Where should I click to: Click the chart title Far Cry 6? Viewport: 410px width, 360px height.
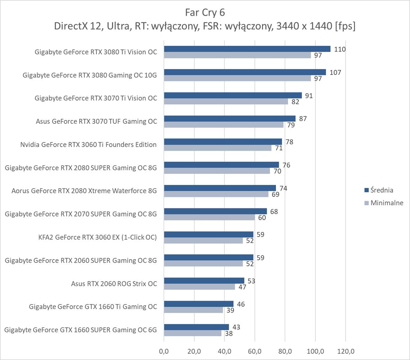205,13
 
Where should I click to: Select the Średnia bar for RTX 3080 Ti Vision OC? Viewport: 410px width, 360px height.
247,49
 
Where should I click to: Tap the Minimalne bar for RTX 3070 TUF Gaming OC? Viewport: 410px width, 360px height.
224,125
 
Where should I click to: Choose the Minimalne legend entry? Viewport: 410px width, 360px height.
383,203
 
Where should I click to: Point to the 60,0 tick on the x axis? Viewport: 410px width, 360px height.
254,350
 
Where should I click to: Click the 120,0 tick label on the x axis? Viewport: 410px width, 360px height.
345,350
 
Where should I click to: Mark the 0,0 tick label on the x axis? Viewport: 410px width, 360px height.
164,350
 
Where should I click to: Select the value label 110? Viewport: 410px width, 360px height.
340,49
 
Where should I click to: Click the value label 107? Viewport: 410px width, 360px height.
335,72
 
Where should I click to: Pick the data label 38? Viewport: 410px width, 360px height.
229,334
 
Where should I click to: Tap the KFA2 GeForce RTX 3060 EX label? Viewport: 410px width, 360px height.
97,237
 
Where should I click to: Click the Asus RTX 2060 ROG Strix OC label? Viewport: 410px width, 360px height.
114,284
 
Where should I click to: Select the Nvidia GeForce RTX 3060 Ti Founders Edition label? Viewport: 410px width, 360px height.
88,145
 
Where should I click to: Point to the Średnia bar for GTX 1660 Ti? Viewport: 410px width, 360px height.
198,304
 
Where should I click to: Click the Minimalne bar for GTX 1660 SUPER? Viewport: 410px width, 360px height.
193,333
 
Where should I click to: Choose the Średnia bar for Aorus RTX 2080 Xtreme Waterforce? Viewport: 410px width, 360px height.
220,188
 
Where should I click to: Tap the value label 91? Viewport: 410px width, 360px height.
309,95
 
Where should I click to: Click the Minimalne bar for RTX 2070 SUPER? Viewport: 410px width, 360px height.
209,217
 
